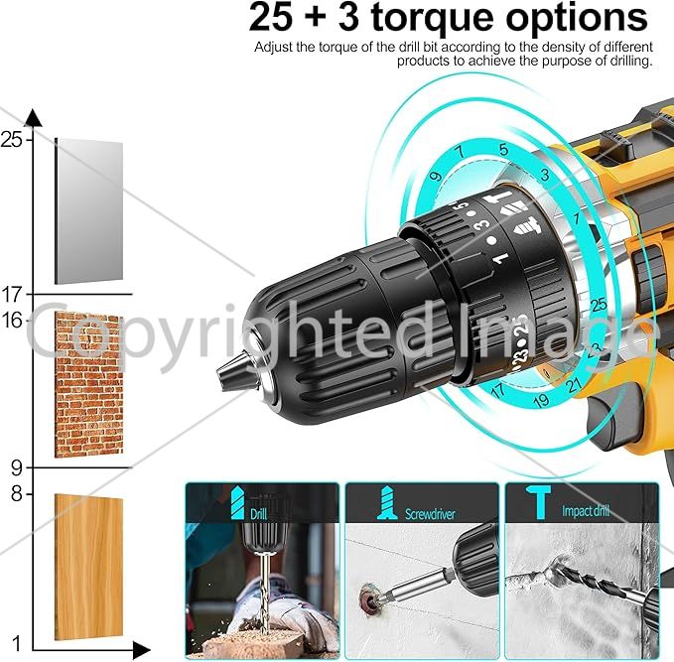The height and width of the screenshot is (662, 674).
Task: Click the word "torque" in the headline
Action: point(432,18)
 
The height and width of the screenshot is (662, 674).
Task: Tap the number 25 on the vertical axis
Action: point(12,139)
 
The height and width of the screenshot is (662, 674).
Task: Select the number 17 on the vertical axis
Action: point(12,295)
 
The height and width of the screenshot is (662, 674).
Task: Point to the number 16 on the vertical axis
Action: point(12,320)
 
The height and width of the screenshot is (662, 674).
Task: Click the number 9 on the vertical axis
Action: point(16,467)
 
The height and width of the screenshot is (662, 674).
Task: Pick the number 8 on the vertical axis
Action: point(16,494)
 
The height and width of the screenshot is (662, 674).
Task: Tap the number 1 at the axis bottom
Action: point(16,643)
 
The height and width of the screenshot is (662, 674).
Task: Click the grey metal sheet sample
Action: point(89,211)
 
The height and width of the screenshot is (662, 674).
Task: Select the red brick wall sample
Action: point(89,385)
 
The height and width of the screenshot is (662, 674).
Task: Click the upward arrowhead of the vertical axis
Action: point(33,118)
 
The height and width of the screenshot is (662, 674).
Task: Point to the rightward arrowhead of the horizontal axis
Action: point(141,650)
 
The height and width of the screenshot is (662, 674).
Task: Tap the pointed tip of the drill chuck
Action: point(217,373)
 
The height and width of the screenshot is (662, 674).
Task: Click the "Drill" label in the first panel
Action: point(259,514)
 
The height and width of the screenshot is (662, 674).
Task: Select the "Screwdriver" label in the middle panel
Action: point(430,514)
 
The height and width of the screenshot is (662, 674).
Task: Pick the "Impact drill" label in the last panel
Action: point(586,511)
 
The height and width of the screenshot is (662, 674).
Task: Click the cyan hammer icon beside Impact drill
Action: point(537,502)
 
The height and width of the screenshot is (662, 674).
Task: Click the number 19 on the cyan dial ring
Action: point(541,401)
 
